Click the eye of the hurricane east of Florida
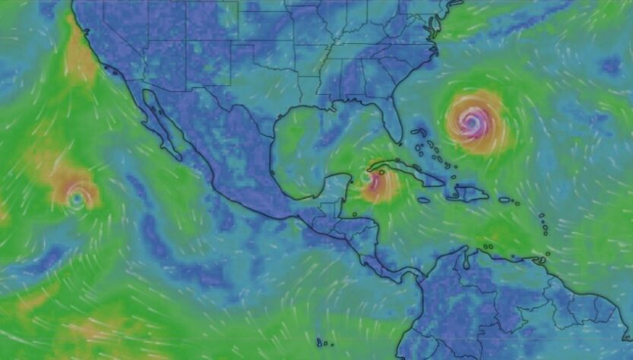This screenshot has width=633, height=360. tap(471, 119)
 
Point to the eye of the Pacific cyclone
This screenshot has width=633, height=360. tap(76, 197)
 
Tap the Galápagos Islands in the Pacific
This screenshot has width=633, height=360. tap(324, 343)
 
